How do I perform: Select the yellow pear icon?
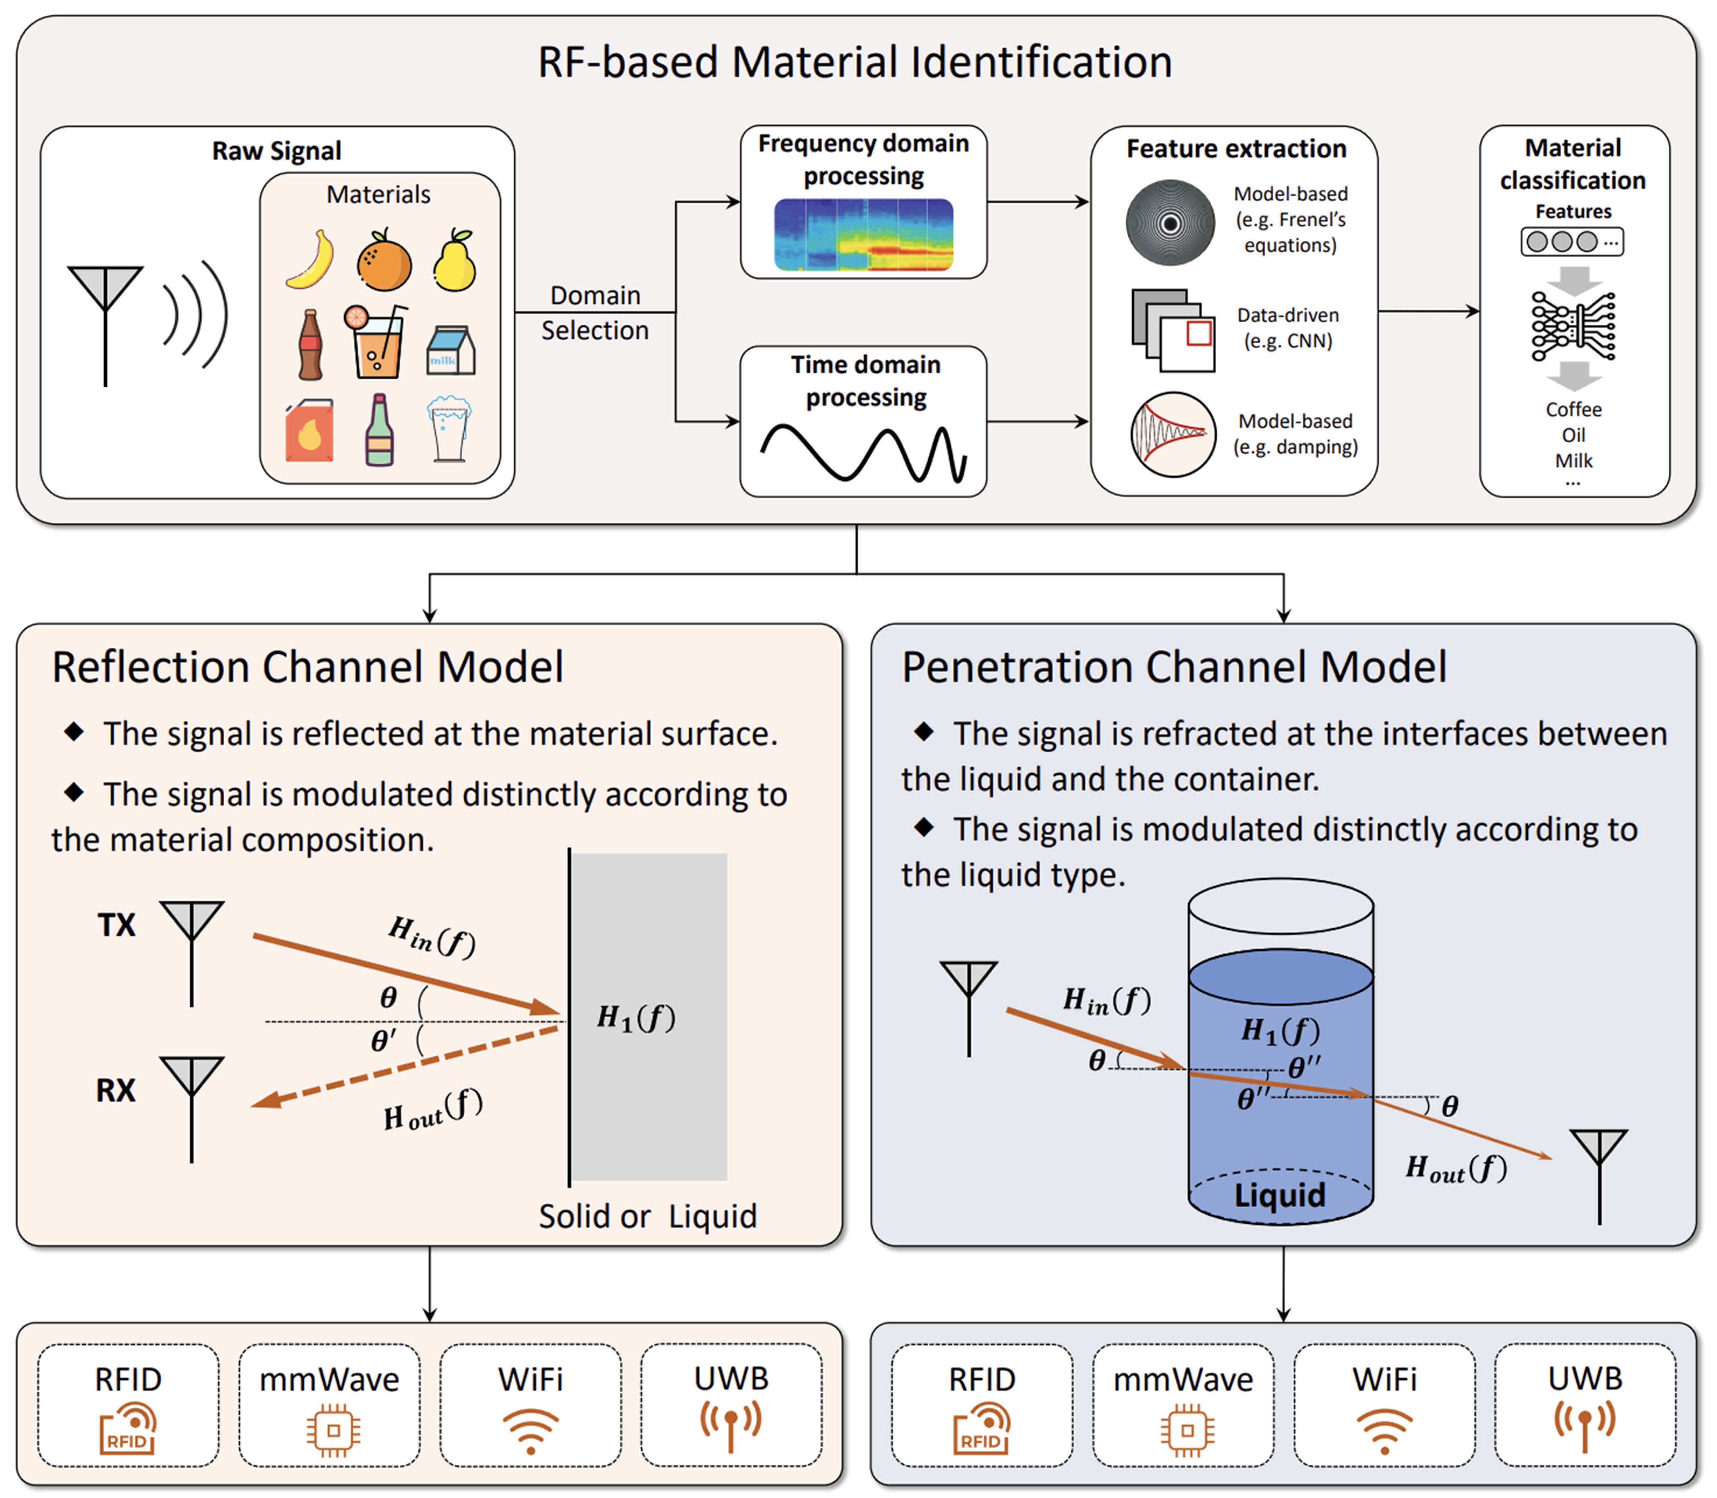click(x=455, y=261)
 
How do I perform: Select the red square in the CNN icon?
click(x=1199, y=333)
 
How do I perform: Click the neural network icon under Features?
click(x=1573, y=326)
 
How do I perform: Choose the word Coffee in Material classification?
click(x=1573, y=409)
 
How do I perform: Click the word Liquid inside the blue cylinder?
click(x=1280, y=1195)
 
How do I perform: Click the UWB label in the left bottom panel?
click(x=731, y=1379)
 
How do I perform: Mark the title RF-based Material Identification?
click(x=854, y=63)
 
